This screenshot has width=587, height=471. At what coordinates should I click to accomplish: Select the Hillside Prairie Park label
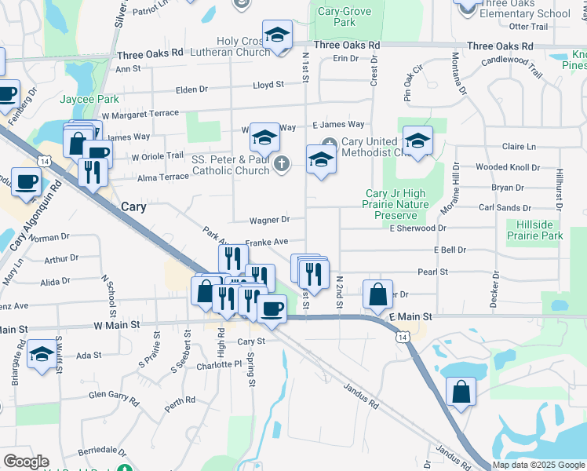(535, 230)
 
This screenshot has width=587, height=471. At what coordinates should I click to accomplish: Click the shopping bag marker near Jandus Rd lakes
(461, 391)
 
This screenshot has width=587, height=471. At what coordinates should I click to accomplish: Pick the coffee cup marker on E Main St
(272, 308)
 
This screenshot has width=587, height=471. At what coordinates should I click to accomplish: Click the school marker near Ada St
(41, 354)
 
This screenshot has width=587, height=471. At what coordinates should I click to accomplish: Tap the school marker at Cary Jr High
(417, 141)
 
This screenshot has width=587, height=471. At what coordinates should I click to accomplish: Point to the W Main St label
(117, 323)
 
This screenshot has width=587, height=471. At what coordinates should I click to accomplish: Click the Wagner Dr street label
(270, 220)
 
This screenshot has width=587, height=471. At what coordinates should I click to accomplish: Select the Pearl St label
(432, 272)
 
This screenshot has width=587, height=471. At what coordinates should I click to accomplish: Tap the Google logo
(26, 462)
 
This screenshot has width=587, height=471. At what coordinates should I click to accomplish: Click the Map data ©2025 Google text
(538, 465)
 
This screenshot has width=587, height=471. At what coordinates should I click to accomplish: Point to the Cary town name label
(135, 206)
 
